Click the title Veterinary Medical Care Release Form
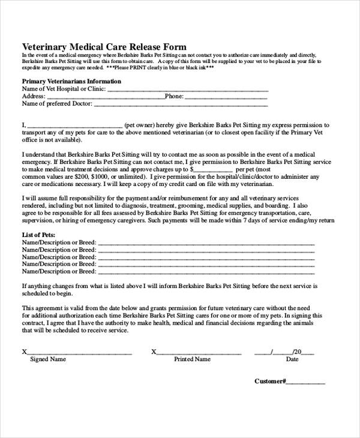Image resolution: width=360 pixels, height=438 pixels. [104, 46]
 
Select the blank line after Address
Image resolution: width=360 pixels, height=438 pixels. [105, 97]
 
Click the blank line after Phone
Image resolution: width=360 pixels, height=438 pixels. [226, 97]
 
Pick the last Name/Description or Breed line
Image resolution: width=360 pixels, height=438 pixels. [206, 271]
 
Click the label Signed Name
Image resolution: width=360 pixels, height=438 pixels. [48, 360]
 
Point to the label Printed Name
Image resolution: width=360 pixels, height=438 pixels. [192, 360]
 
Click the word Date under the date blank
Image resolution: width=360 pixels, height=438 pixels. [292, 360]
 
